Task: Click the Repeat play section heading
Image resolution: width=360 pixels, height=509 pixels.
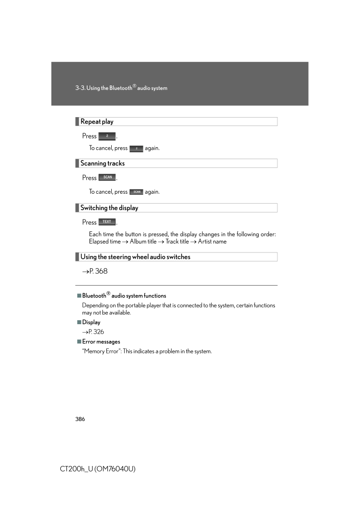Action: [x=97, y=122]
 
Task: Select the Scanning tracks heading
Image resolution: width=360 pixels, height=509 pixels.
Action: [x=102, y=163]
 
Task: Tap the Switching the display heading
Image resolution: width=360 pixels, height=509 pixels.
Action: [x=109, y=208]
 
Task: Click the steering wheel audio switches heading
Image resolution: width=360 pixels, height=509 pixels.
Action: [x=135, y=257]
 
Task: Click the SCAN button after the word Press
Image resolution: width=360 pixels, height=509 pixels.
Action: [x=107, y=177]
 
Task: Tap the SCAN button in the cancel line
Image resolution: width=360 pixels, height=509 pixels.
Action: [x=136, y=192]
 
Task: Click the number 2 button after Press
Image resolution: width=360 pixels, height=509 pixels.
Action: [x=107, y=136]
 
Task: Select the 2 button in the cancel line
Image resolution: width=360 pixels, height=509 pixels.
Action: [x=136, y=148]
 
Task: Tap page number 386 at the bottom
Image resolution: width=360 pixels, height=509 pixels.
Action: [x=80, y=419]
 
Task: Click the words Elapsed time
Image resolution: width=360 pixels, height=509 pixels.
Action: [x=105, y=242]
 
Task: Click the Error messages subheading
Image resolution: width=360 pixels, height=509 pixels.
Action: [x=101, y=341]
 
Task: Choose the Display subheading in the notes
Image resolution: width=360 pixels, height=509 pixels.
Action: [x=91, y=322]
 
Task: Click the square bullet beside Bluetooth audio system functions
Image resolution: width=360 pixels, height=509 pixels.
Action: [x=79, y=296]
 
